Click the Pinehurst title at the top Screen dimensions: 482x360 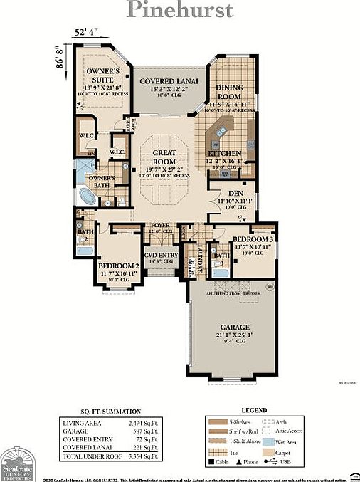tap(179, 11)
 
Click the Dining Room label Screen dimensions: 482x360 tap(233, 93)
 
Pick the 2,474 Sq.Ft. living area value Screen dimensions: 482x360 tap(142, 423)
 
